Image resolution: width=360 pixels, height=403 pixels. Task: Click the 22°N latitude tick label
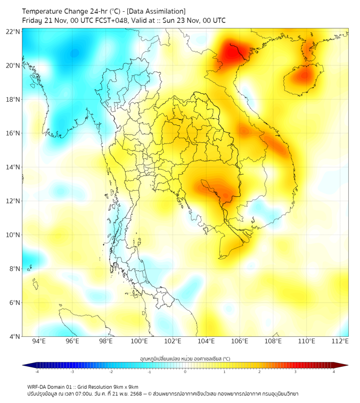[x=13, y=31]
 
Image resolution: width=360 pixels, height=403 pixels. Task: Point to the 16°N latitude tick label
[x=13, y=133]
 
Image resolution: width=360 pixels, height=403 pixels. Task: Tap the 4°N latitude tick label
[x=14, y=336]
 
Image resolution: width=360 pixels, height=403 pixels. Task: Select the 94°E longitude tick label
[x=39, y=342]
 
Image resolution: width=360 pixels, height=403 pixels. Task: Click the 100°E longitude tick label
[x=139, y=342]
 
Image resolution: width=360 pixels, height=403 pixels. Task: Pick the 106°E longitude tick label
[x=240, y=342]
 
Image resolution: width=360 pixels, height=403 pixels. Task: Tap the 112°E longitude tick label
[x=340, y=342]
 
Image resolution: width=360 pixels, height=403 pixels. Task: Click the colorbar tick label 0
[x=185, y=372]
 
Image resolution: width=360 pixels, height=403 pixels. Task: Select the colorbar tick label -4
[x=36, y=372]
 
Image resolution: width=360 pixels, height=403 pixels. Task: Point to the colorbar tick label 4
[x=334, y=372]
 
